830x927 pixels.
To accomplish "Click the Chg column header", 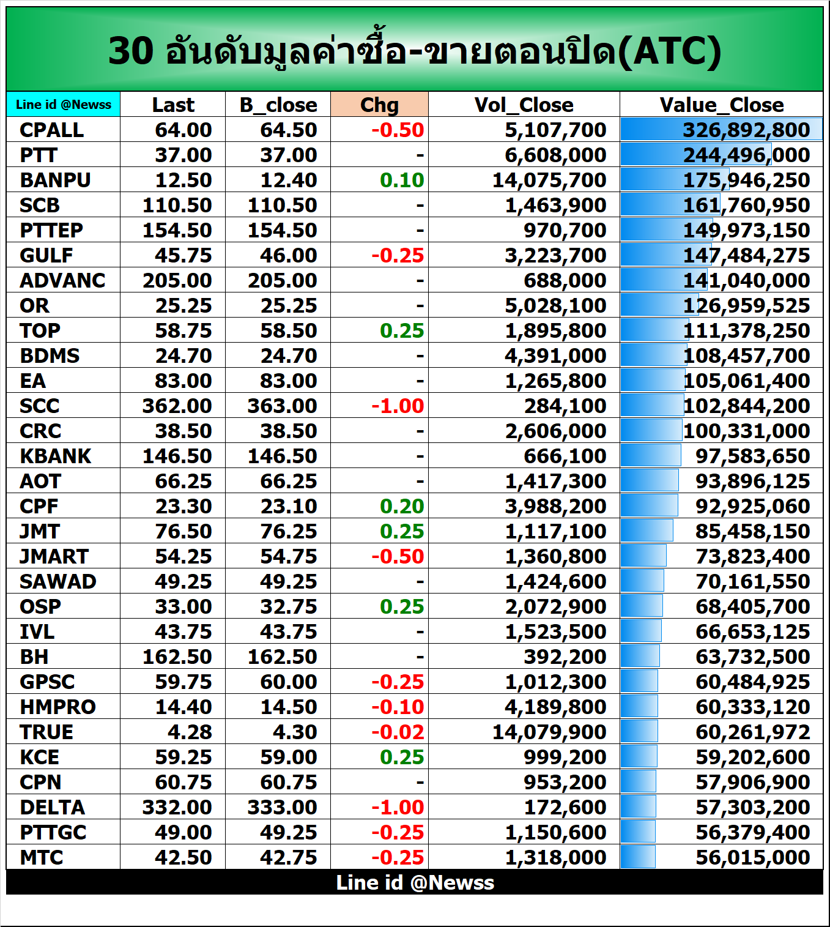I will click(379, 105).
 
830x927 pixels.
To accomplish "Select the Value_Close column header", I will click(721, 105).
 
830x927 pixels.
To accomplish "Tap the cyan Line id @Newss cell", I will click(64, 105).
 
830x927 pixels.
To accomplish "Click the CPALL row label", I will click(51, 130).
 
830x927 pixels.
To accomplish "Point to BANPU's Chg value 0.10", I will click(401, 180).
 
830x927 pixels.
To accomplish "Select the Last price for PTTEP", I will click(177, 230).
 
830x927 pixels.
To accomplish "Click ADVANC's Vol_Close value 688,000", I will click(565, 280).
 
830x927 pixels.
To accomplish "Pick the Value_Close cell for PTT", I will click(746, 155).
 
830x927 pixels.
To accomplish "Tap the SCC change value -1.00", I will click(398, 406).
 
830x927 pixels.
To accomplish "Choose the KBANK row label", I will click(55, 456).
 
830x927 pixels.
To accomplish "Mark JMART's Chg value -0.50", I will click(398, 556).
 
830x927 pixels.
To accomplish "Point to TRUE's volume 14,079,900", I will click(549, 732).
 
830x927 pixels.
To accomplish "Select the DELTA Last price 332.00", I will click(177, 807).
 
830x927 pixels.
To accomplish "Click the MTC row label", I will click(41, 857).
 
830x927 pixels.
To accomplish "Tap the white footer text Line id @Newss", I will click(415, 882).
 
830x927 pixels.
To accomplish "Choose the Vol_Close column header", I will click(524, 105).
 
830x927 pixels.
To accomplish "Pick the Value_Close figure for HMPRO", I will click(752, 707).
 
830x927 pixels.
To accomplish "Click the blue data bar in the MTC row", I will click(638, 857).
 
